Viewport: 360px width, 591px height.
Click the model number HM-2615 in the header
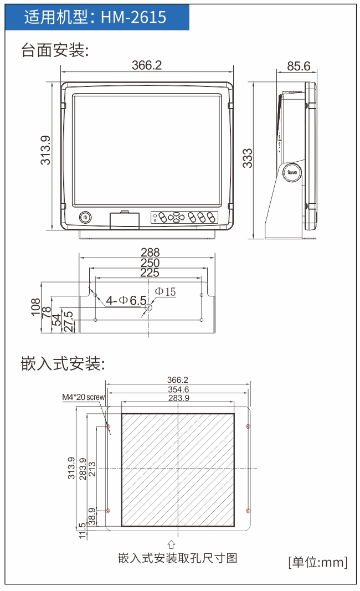pos(133,17)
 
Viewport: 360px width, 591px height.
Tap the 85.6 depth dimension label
pos(299,66)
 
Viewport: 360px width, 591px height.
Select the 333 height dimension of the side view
pos(247,158)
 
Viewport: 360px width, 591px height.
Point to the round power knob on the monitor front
pos(85,218)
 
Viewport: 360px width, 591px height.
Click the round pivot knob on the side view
pos(292,172)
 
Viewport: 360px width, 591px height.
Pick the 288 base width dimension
pos(150,252)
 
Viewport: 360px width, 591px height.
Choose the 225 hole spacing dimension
pos(150,273)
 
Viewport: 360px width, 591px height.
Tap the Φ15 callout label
pos(166,292)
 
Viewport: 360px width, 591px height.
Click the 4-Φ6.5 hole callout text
pos(126,300)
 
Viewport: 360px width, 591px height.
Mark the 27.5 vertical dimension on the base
pos(69,321)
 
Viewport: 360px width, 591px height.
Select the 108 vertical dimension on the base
pos(35,307)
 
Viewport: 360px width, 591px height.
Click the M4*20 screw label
pos(83,397)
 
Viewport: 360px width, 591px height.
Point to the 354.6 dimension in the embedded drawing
pos(178,389)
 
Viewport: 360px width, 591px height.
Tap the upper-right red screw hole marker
pos(248,426)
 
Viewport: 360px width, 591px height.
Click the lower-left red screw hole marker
pos(107,511)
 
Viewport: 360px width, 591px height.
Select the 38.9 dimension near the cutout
pos(91,516)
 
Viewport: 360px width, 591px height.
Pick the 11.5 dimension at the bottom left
pos(82,531)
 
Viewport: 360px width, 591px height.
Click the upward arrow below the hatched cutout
pos(172,544)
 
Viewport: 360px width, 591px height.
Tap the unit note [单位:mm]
pos(318,562)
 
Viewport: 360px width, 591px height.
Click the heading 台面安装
pos(55,50)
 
